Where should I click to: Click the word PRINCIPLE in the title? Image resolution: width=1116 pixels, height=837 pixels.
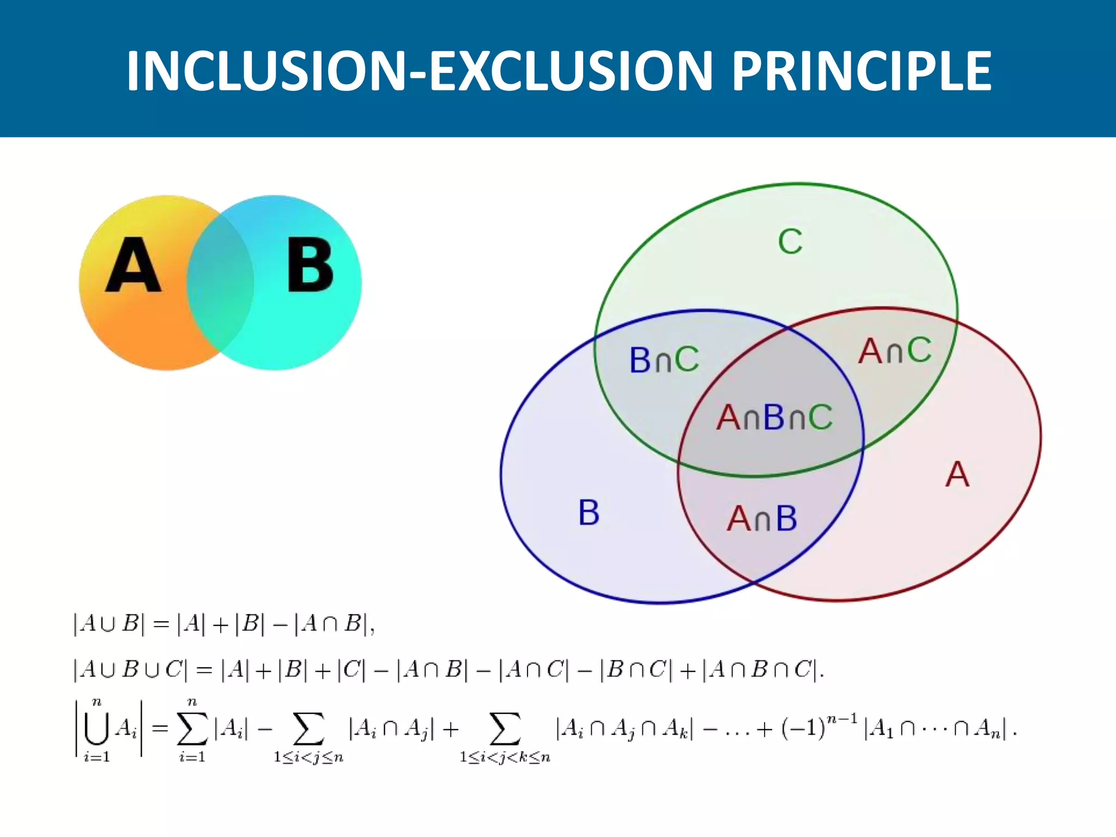(861, 71)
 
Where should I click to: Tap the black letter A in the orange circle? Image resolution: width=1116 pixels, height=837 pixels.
(133, 265)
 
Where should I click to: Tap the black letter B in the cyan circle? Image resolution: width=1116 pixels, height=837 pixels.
(310, 265)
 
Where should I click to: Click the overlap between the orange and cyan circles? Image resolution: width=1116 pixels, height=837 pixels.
(220, 283)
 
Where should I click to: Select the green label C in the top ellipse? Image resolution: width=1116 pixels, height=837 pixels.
(790, 241)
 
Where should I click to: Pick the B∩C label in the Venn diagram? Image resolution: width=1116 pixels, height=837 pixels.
(664, 360)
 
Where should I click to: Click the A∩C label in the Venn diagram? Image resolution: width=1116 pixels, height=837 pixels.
(895, 350)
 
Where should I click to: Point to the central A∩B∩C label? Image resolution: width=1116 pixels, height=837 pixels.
(774, 418)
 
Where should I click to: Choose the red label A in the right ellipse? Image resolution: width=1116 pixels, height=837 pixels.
(957, 475)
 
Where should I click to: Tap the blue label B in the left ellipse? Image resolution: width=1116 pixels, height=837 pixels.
(589, 513)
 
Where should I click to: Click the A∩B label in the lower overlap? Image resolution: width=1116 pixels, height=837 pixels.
(762, 518)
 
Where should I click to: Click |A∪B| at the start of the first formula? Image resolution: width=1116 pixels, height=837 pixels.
(109, 624)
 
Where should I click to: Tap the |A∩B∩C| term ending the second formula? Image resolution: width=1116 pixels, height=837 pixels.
(760, 670)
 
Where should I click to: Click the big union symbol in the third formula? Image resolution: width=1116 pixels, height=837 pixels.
(96, 729)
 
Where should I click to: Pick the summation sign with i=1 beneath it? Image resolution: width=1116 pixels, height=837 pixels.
(192, 729)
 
